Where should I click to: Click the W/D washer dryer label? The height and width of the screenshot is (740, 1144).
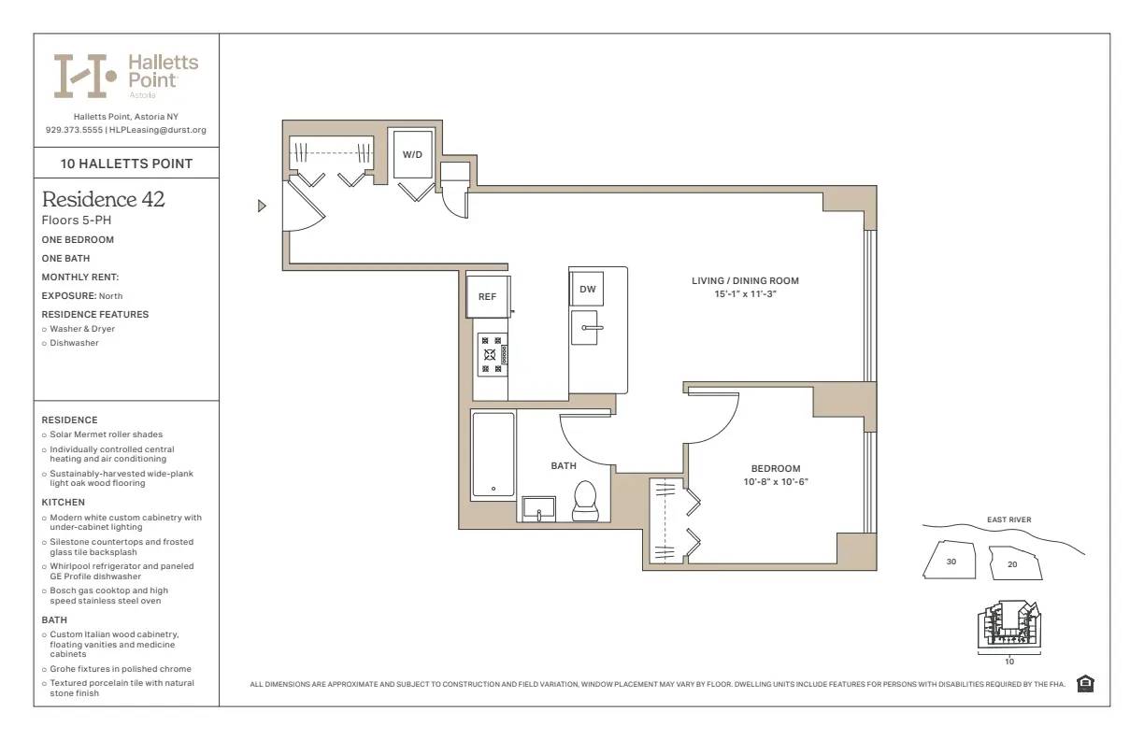coord(411,155)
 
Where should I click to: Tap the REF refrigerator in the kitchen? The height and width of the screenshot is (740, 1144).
coord(487,297)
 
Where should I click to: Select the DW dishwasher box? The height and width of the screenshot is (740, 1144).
coord(587,290)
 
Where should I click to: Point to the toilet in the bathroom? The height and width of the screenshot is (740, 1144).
coord(585,499)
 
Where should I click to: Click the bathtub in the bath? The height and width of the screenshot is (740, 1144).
coord(493,455)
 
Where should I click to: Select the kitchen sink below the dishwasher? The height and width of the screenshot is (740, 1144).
coord(586,328)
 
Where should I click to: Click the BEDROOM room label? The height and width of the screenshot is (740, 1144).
coord(775,469)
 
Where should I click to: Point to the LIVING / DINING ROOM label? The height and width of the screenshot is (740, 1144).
coord(745,281)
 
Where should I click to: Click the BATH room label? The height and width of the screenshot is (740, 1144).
coord(564,465)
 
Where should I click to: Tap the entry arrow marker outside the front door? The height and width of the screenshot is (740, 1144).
coord(263,206)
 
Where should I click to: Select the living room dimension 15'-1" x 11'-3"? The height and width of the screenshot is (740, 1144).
coord(745,294)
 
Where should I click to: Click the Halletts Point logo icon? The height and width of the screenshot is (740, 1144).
coord(84,76)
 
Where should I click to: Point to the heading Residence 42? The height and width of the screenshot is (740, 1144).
coord(104,200)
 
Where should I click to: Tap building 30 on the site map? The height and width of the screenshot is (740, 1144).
coord(950,561)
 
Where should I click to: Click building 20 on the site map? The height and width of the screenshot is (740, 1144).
coord(1013,563)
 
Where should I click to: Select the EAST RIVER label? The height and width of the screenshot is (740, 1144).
coord(1008,520)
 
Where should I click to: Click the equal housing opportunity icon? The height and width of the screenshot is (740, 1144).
coord(1085,684)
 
